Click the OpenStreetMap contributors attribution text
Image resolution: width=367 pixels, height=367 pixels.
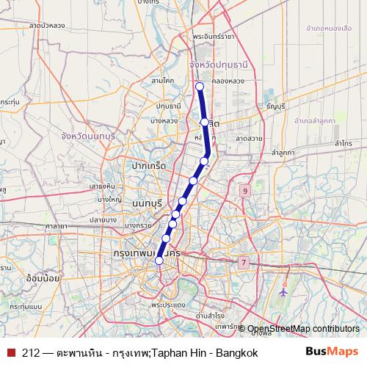(x=303, y=329)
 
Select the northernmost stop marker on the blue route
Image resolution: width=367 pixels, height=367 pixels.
(x=199, y=87)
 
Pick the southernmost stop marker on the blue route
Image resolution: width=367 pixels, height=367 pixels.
(x=159, y=258)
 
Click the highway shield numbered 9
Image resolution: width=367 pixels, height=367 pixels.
(x=244, y=192)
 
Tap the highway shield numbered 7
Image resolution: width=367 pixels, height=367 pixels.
(x=243, y=262)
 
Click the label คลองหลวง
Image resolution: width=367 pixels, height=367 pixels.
(x=222, y=84)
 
